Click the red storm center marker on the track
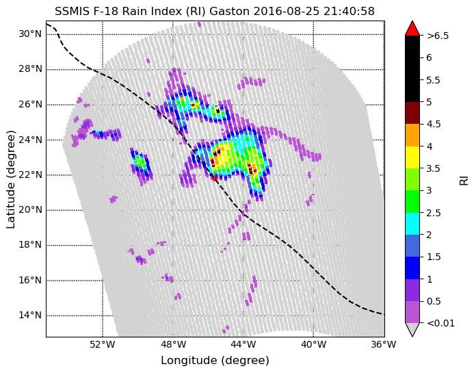click(x=215, y=179)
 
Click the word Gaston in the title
click(x=230, y=11)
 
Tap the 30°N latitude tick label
click(x=30, y=34)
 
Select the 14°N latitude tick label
click(x=30, y=315)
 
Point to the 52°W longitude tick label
click(x=103, y=344)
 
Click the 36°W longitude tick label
click(x=384, y=344)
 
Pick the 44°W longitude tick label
click(x=243, y=344)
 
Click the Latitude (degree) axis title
click(x=10, y=179)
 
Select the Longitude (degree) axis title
click(x=215, y=361)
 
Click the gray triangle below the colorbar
click(x=412, y=329)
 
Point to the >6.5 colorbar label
click(x=438, y=36)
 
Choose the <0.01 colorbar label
click(x=441, y=323)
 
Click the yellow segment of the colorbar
click(x=412, y=157)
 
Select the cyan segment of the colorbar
click(x=412, y=224)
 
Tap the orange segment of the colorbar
click(x=412, y=135)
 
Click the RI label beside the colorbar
click(x=464, y=179)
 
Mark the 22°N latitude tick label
click(x=30, y=175)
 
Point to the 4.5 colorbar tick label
click(x=433, y=125)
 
